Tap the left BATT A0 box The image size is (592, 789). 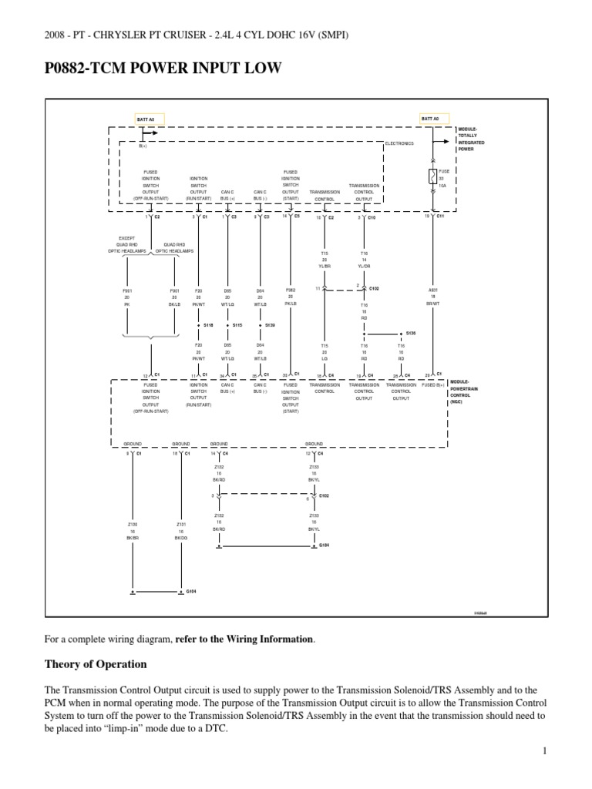click(x=146, y=119)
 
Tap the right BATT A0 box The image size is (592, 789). click(x=430, y=119)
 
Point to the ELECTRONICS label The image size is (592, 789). click(x=399, y=143)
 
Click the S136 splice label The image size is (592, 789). click(x=409, y=334)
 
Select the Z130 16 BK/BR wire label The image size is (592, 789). click(x=133, y=532)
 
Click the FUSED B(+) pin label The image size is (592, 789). click(x=432, y=384)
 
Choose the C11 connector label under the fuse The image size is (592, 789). click(x=440, y=217)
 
